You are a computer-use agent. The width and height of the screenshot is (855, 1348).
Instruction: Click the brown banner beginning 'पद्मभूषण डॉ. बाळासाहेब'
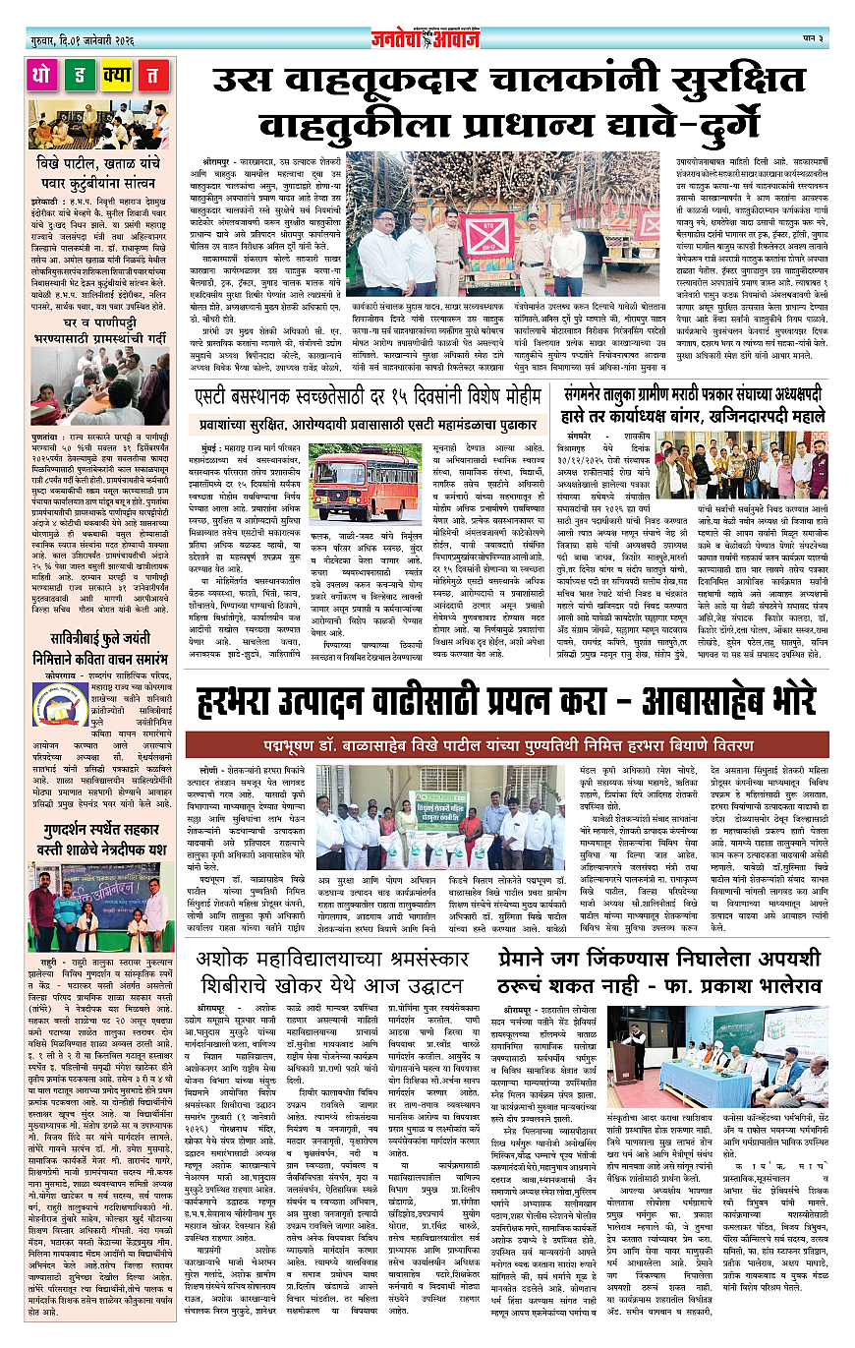tap(507, 716)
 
